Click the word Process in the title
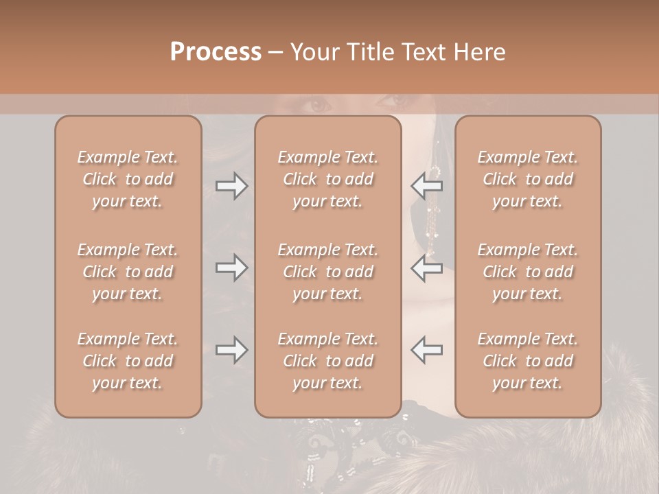[216, 52]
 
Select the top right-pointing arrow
[232, 186]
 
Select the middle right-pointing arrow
[232, 267]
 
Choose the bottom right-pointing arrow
[232, 350]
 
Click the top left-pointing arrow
[426, 186]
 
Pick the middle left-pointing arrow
[426, 267]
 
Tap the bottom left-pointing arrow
[426, 350]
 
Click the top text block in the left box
[128, 179]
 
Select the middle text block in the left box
[128, 272]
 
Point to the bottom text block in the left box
[128, 361]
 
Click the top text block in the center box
[327, 179]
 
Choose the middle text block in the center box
[327, 272]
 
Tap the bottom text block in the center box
[327, 361]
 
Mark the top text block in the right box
[527, 179]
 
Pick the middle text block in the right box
[527, 272]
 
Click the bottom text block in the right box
[527, 361]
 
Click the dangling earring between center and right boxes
[434, 206]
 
